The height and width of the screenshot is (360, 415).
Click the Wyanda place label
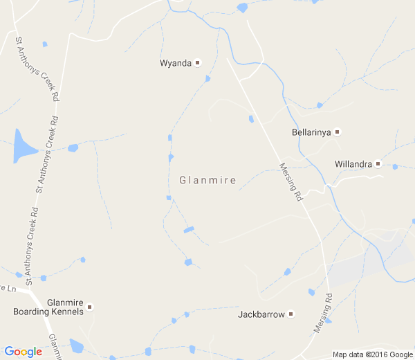[175, 63]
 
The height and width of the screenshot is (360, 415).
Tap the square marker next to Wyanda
[197, 63]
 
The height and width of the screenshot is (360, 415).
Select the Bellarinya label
[312, 132]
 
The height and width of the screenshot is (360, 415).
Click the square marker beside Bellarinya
[338, 132]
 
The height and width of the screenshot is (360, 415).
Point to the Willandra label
[353, 164]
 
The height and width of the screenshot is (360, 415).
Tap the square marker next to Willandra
[378, 164]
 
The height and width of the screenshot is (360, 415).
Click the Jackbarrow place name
[261, 314]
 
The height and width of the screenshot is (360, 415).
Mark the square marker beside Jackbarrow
[291, 314]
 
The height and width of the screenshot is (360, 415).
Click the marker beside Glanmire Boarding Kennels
[89, 307]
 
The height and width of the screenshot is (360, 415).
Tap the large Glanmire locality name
[207, 181]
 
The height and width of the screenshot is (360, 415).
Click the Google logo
[23, 352]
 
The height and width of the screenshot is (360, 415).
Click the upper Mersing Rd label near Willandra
[291, 181]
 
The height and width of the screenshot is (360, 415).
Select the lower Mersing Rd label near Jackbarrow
[323, 314]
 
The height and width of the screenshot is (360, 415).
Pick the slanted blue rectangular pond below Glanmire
[188, 230]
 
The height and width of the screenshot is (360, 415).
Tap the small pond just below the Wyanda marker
[207, 79]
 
